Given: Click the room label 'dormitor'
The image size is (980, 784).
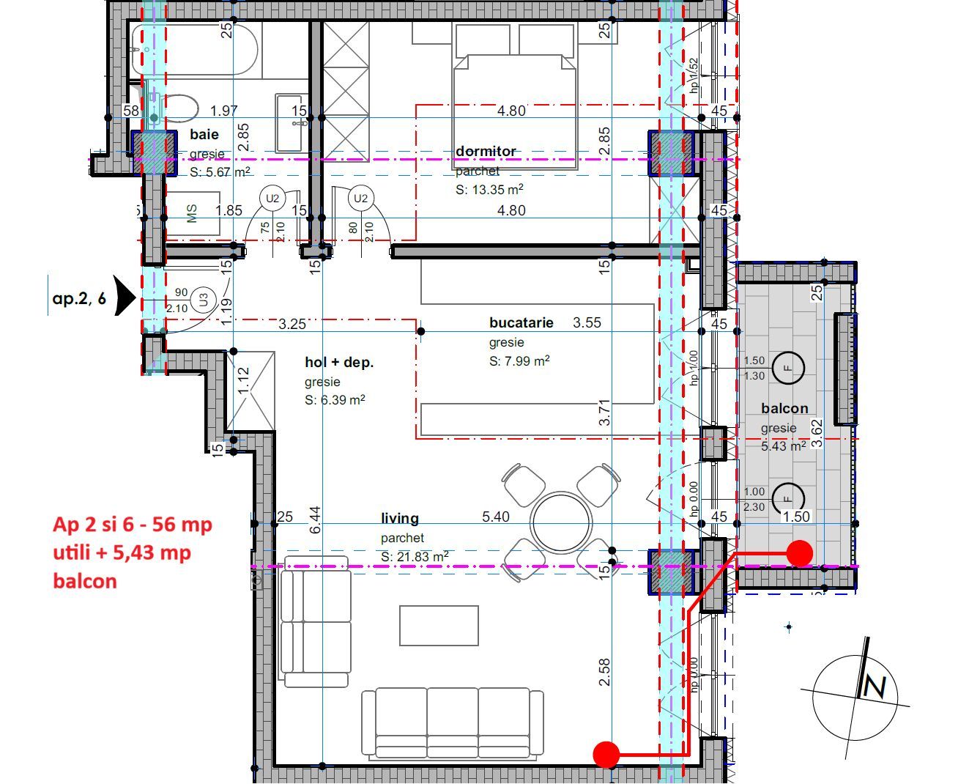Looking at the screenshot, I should [486, 152].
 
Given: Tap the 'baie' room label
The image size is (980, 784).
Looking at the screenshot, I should [204, 135].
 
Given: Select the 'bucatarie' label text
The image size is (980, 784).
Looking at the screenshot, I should [521, 322].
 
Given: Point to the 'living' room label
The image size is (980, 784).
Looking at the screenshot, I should [400, 518].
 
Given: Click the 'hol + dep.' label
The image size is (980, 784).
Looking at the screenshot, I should [339, 362].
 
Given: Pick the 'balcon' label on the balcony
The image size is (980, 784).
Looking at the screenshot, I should [784, 409].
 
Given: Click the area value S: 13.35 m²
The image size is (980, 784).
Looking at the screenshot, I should [489, 190].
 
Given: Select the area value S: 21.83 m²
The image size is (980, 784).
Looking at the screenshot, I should [415, 557].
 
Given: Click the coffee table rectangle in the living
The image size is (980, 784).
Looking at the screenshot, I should [439, 626].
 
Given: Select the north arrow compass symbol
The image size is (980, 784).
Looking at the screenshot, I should [855, 689].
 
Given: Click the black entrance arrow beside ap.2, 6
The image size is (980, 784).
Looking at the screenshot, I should [126, 299].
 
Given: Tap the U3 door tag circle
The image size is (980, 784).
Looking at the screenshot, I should [204, 300].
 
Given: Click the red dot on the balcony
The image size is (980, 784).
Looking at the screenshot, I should [799, 553].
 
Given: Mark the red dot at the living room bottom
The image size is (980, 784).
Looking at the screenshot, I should [606, 753].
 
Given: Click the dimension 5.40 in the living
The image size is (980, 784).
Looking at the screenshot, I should [496, 517].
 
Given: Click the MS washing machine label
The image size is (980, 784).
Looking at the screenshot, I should [193, 214].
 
